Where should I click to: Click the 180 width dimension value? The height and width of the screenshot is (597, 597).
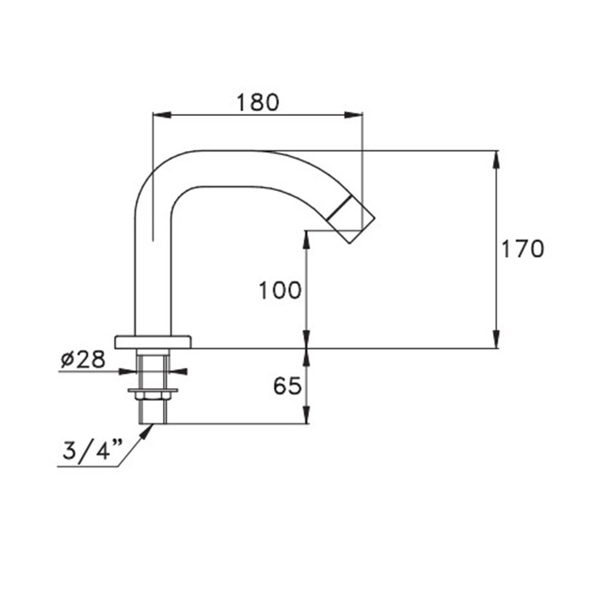point(257,102)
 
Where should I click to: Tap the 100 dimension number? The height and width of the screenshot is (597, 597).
point(280,291)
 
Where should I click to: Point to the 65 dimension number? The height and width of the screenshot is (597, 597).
point(287,386)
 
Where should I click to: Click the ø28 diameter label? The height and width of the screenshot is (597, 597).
point(84,359)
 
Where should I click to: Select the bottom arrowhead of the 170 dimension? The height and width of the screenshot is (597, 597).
point(496,342)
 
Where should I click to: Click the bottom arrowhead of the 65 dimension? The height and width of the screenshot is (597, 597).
point(306,418)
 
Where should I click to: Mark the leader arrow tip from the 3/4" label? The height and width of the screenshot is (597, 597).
point(151,427)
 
